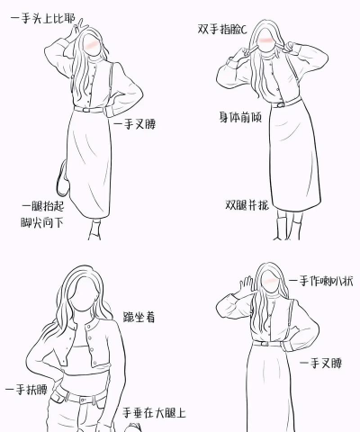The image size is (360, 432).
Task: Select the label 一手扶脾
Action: point(25,390)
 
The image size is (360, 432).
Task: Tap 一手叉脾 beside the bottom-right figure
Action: point(321,364)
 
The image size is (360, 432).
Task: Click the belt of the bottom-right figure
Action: point(266,342)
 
